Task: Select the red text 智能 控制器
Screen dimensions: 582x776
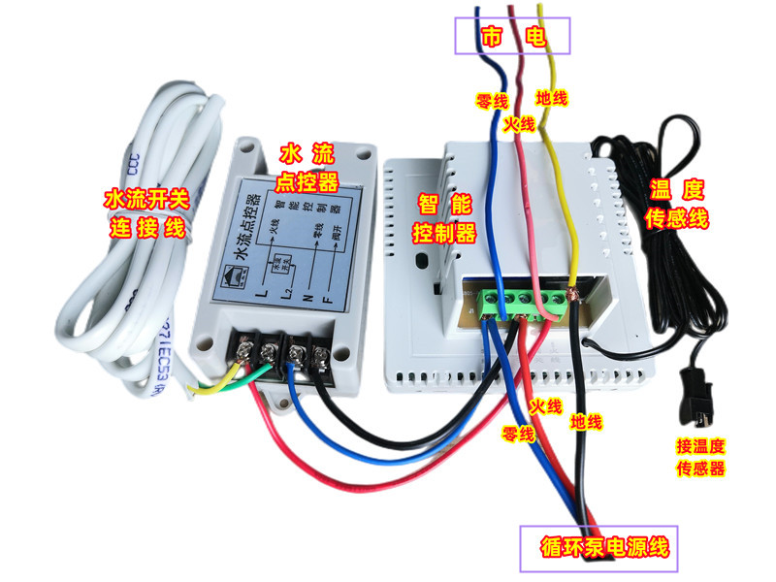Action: point(444,218)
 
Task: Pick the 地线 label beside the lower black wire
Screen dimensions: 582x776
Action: point(586,422)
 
